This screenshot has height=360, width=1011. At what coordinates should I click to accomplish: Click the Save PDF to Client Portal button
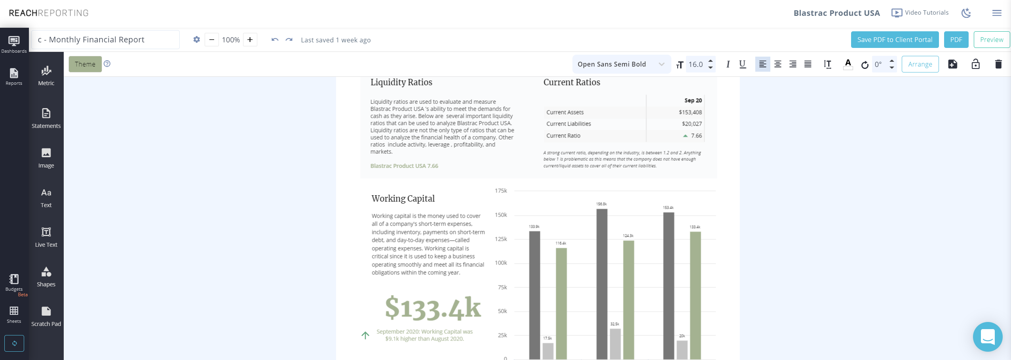[x=894, y=40]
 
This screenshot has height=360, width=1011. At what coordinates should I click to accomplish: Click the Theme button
[x=85, y=64]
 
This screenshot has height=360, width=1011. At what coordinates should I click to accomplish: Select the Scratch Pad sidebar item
[x=46, y=316]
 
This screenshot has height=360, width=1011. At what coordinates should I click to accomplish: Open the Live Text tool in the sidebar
[x=46, y=237]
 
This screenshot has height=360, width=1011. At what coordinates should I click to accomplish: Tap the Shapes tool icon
[x=46, y=272]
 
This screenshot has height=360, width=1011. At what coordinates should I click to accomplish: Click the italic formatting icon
[x=728, y=64]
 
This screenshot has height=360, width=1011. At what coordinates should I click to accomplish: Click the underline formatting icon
[x=742, y=64]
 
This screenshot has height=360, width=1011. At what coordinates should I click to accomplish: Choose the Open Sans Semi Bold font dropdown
[x=621, y=64]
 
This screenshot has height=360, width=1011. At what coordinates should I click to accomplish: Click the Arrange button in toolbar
[x=920, y=64]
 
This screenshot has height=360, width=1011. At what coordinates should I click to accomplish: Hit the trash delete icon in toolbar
[x=998, y=64]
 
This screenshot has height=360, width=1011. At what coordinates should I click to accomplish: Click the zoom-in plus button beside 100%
[x=250, y=40]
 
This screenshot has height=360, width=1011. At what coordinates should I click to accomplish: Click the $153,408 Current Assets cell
[x=690, y=112]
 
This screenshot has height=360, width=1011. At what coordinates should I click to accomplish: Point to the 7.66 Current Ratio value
[x=696, y=136]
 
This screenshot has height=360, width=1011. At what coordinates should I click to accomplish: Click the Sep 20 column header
[x=693, y=101]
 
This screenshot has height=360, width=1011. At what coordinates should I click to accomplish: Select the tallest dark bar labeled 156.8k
[x=602, y=283]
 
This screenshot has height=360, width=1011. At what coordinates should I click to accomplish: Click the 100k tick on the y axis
[x=501, y=263]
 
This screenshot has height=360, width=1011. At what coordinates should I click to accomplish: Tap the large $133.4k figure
[x=433, y=308]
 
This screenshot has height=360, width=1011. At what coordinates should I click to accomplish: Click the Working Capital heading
[x=403, y=198]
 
